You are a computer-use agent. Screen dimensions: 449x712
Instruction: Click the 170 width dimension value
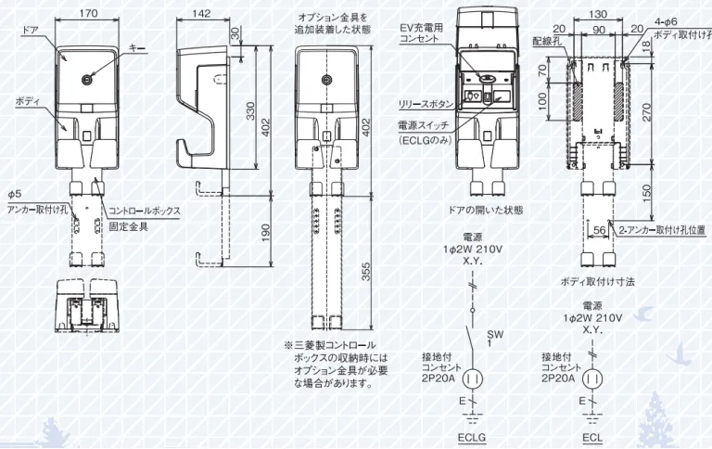tap(90, 13)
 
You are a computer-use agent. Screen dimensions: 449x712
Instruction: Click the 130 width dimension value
tap(599, 13)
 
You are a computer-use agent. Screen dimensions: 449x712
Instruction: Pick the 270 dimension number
tap(645, 111)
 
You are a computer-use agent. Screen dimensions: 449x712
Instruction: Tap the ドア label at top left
tap(29, 32)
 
